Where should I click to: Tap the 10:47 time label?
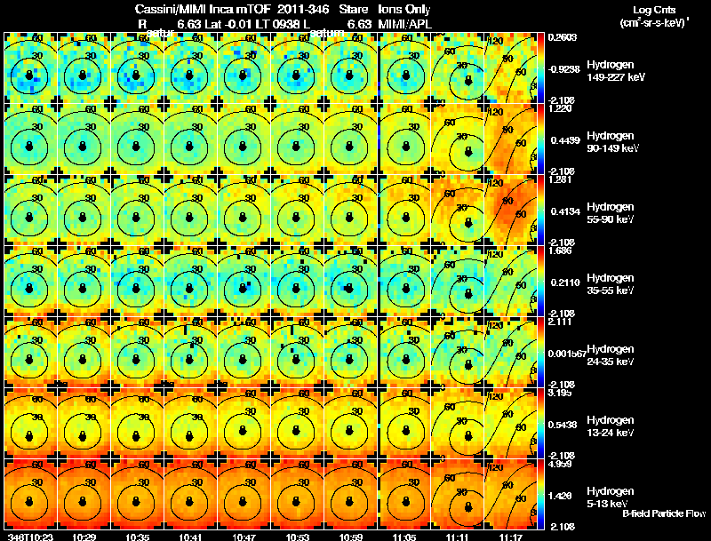(244, 536)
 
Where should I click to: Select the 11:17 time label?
(511, 536)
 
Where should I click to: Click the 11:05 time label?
(404, 536)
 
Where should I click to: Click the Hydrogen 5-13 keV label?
(609, 497)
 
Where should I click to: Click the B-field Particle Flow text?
(664, 513)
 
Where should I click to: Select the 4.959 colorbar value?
(560, 464)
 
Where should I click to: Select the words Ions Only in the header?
(404, 8)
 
